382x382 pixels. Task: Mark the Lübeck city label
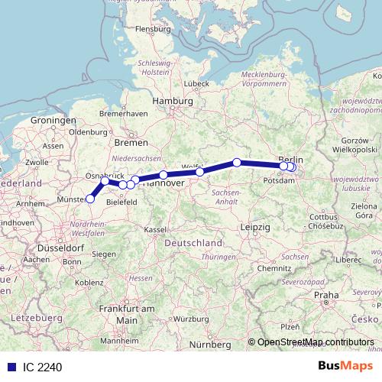[196, 83]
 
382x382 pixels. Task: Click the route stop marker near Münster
[90, 199]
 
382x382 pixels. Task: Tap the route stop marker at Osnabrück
[105, 181]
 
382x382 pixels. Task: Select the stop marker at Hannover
[163, 175]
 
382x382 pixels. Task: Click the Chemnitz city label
[275, 269]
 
